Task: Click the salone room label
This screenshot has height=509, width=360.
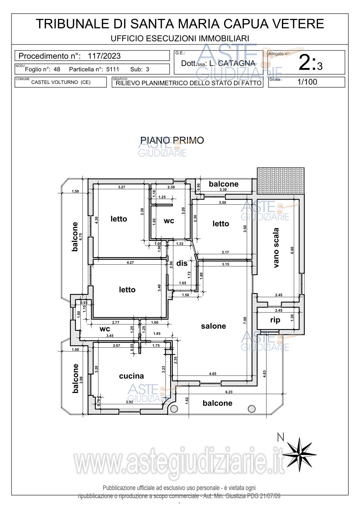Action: point(213,326)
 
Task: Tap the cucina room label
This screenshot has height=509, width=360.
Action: point(132,376)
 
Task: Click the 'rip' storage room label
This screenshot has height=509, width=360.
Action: point(275,320)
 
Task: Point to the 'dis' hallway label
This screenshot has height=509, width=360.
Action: point(182,263)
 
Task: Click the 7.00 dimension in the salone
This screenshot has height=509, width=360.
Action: point(245,320)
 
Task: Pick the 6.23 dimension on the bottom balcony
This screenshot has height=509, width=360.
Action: point(229,392)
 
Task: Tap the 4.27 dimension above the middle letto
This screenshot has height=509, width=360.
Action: point(130,262)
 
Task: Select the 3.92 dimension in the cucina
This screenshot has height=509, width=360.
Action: point(129,402)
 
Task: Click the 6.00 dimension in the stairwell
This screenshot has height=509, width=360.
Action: point(292,250)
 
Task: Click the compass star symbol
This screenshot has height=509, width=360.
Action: point(299,454)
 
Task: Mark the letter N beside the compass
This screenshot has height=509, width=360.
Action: point(280,437)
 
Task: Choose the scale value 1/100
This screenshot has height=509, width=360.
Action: point(307,82)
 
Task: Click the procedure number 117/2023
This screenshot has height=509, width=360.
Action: point(104,56)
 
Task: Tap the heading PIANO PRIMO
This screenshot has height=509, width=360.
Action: point(172,140)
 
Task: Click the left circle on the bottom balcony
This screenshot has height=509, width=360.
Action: point(174,409)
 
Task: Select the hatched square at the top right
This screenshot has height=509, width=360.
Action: point(281,181)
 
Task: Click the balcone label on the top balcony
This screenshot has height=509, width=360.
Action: point(224,184)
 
